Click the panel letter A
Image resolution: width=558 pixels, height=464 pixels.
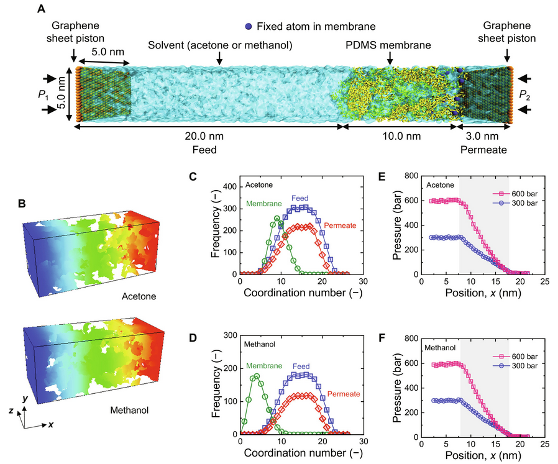tap(58, 9)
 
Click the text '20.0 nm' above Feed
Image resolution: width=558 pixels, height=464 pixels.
tap(206, 139)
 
